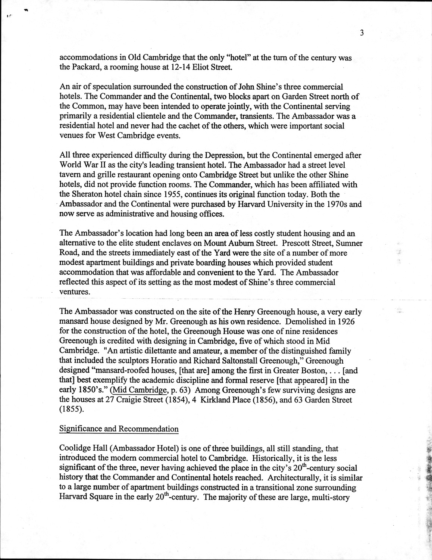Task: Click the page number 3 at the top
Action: pos(362,33)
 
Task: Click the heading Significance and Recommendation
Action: pos(119,429)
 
